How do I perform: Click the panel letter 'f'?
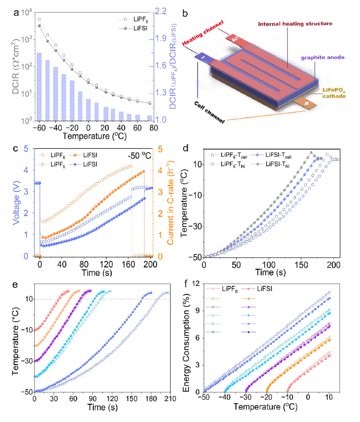point(188,284)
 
